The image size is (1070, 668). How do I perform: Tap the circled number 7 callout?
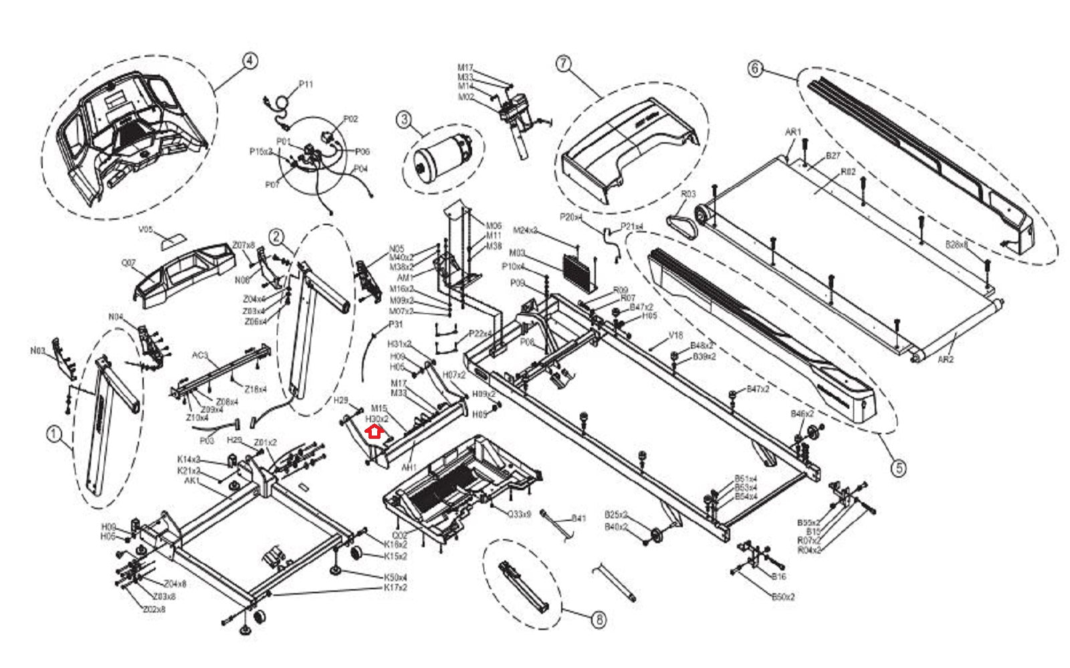(564, 63)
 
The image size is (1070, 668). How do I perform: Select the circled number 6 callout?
(754, 68)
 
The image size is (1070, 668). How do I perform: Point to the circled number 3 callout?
(403, 120)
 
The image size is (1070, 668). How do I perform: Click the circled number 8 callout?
(599, 620)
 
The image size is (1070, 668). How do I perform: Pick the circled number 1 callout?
(53, 434)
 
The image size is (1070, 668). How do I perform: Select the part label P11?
(306, 84)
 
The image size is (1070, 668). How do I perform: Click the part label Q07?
(128, 263)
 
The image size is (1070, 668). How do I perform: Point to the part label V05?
(146, 230)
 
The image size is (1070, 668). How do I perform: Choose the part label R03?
(688, 194)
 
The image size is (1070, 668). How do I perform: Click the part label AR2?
(945, 359)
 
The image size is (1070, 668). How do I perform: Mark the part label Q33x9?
(519, 514)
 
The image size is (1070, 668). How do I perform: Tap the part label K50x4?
(395, 577)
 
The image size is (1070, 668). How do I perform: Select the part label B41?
(578, 518)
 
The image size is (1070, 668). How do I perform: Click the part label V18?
(675, 336)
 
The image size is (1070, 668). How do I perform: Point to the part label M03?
(517, 253)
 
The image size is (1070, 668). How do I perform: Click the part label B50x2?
(783, 597)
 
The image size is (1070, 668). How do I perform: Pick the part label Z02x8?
(154, 609)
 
